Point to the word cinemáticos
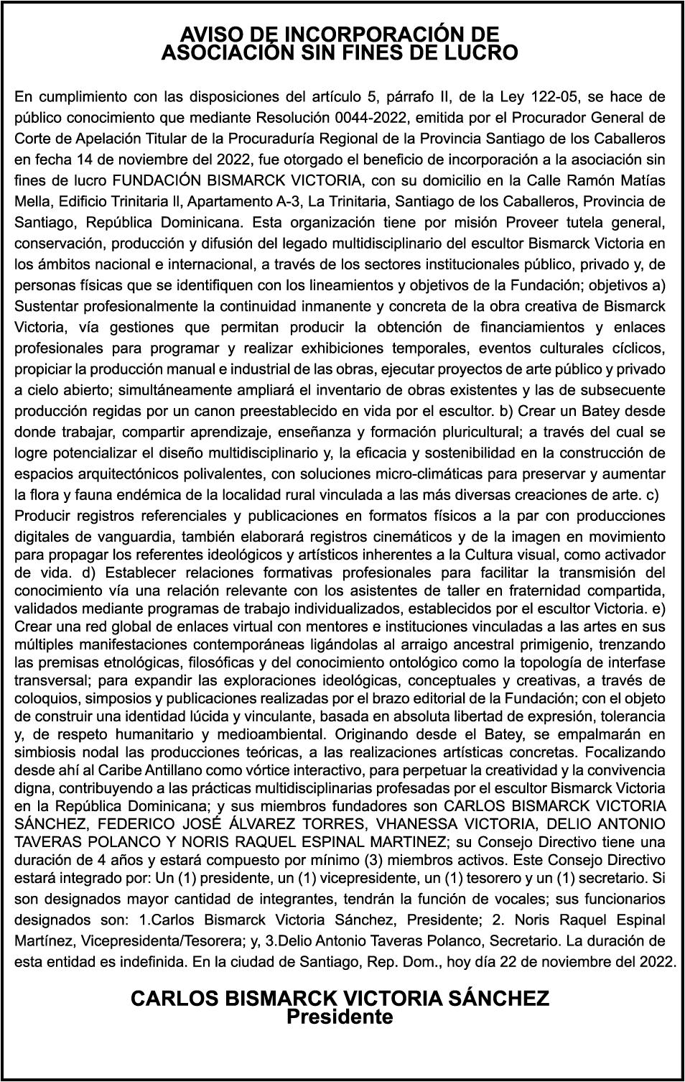(419, 537)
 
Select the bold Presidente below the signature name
(340, 1017)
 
